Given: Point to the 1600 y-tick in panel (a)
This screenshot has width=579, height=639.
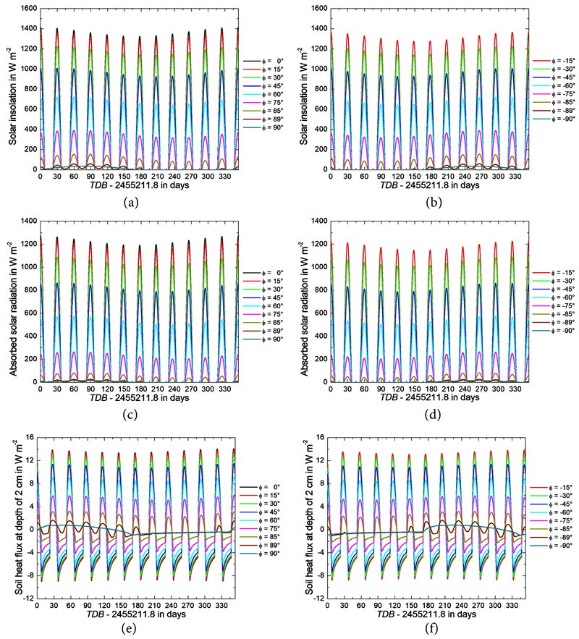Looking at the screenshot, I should click(x=26, y=9).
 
